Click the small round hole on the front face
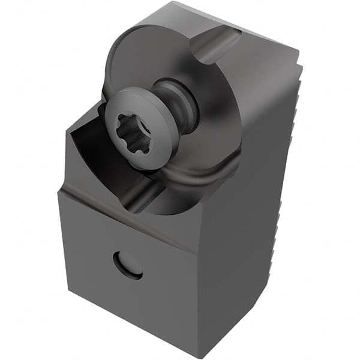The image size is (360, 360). pyautogui.click(x=128, y=265)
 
